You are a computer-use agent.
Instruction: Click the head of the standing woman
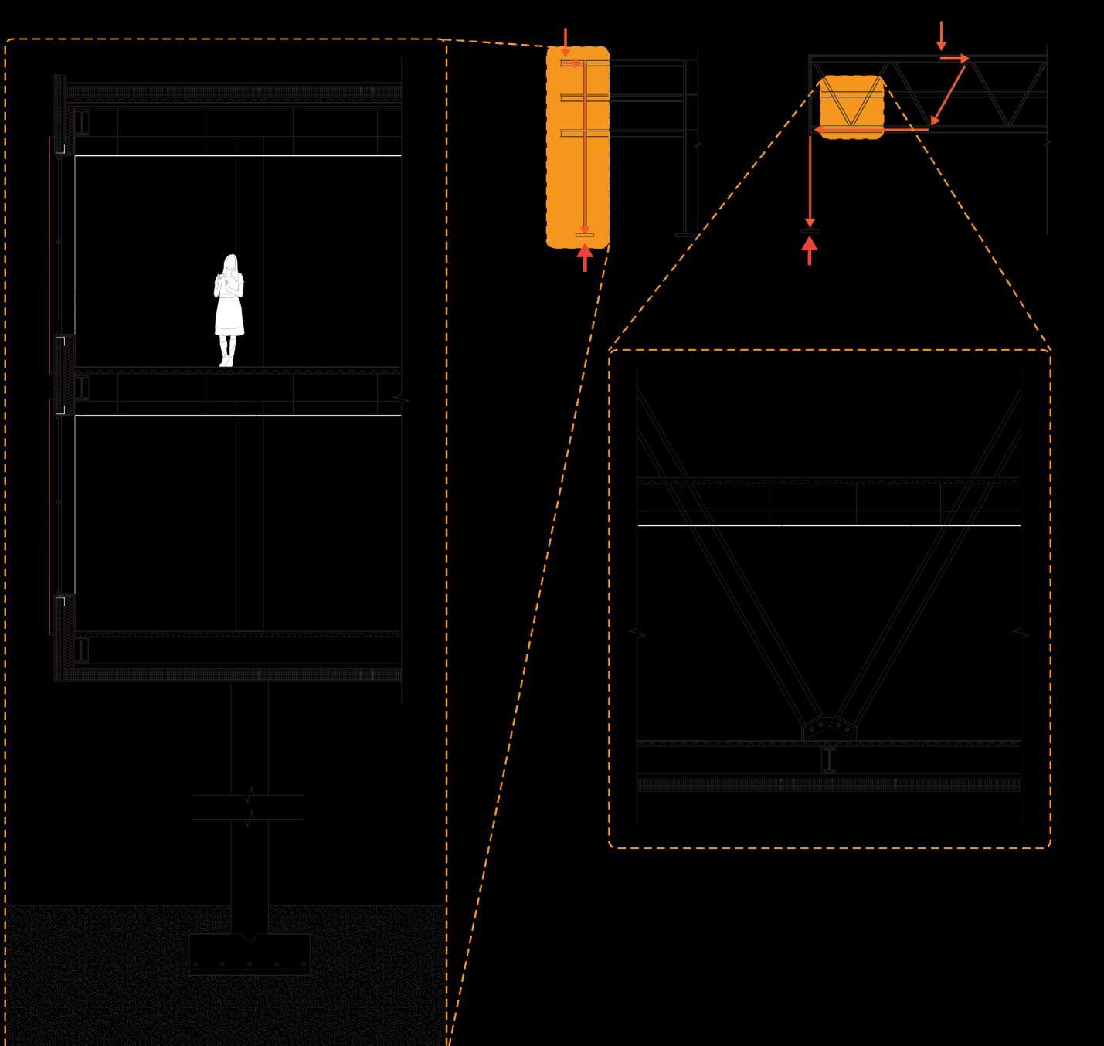pos(229,264)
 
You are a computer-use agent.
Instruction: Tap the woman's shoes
pos(226,361)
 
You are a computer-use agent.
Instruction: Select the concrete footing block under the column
pos(250,954)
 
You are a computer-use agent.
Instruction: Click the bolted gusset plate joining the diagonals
pos(829,728)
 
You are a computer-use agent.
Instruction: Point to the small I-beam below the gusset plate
pos(829,760)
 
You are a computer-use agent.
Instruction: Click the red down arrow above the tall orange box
pos(566,42)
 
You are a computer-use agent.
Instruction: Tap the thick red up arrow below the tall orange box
pos(585,257)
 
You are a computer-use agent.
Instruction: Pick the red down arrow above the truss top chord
pos(941,36)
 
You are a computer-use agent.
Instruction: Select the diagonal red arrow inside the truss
pos(949,94)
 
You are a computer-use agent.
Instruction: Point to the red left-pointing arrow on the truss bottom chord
pos(869,131)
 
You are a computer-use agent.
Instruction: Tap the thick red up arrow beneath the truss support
pos(810,251)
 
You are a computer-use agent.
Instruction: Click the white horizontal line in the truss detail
pos(829,525)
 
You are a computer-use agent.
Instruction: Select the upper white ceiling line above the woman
pos(238,155)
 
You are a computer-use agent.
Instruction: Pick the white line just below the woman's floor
pos(238,416)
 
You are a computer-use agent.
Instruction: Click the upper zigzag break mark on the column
pos(249,795)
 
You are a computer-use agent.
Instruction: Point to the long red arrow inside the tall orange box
pos(585,147)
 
